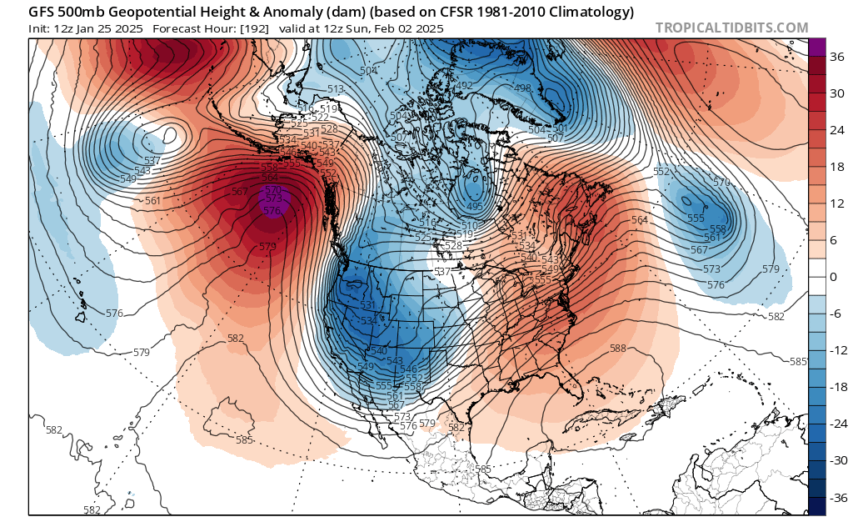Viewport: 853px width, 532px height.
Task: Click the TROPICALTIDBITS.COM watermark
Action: click(x=731, y=28)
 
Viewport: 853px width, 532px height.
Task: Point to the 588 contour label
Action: click(x=618, y=349)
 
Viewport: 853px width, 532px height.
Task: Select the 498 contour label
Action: click(x=523, y=88)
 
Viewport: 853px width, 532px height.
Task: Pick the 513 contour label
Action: click(x=337, y=90)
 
